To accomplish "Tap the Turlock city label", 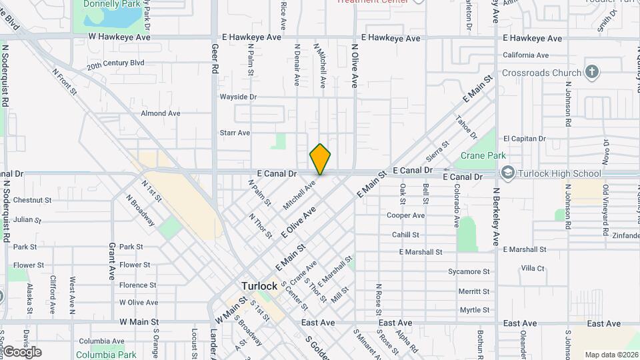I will (259, 286).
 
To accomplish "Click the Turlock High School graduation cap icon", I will (508, 173).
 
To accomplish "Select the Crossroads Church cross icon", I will (591, 72).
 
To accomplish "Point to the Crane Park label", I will (483, 155).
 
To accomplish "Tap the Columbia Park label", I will (101, 355).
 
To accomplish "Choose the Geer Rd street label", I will (215, 59).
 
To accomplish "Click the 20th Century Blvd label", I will (115, 65).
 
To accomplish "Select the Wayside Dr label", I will (238, 97).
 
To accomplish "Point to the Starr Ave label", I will (235, 133).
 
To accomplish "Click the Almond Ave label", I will (160, 113).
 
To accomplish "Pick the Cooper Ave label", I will (405, 215).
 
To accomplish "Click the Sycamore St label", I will (469, 271).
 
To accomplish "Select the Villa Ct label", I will (533, 268).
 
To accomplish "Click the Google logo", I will (22, 352).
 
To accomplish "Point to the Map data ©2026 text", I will (611, 355).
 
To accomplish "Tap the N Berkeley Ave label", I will (495, 217).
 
